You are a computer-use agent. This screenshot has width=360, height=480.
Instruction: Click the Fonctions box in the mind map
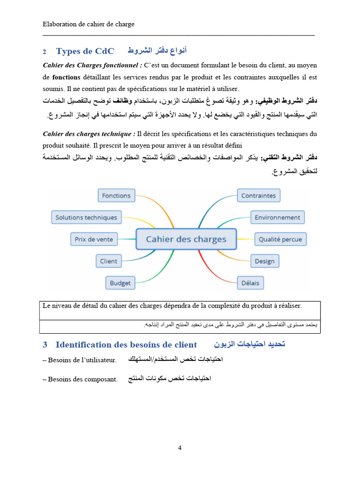(x=116, y=195)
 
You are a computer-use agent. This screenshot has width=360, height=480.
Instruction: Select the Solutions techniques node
(x=86, y=217)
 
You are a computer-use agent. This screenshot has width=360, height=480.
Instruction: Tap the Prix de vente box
(x=94, y=239)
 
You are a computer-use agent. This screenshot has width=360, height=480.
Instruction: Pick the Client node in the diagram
(x=108, y=261)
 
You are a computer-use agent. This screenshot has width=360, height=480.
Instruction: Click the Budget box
(x=120, y=283)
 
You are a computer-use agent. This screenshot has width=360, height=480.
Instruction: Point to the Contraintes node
(x=258, y=195)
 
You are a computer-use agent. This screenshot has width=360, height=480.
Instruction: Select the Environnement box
(x=277, y=217)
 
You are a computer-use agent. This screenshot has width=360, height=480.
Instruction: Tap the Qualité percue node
(x=280, y=239)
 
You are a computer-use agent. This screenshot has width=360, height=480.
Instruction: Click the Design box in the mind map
(x=264, y=261)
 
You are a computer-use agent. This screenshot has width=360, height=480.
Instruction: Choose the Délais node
(x=250, y=283)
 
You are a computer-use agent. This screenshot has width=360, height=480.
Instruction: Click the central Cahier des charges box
(x=186, y=239)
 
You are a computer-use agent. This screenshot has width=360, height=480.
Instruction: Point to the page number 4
(x=180, y=448)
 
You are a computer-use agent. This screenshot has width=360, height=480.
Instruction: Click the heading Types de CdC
(x=85, y=51)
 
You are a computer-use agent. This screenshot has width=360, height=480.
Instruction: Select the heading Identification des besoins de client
(x=126, y=345)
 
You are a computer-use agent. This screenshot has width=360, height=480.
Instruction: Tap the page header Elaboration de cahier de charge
(x=89, y=24)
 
